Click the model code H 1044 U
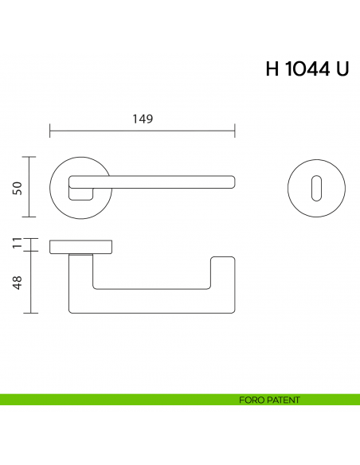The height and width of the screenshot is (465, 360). pyautogui.click(x=307, y=69)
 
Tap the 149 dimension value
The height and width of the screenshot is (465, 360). pyautogui.click(x=142, y=119)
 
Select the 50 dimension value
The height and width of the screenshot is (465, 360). pyautogui.click(x=16, y=187)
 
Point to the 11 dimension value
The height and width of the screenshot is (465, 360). pyautogui.click(x=16, y=244)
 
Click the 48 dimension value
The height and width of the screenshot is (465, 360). pyautogui.click(x=16, y=282)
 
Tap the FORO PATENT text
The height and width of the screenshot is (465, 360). pyautogui.click(x=269, y=400)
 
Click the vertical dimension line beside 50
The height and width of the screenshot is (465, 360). pyautogui.click(x=30, y=187)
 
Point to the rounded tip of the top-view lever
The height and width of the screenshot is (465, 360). pyautogui.click(x=232, y=182)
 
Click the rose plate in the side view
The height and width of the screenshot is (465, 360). pyautogui.click(x=81, y=246)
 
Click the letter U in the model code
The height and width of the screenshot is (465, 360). pyautogui.click(x=341, y=69)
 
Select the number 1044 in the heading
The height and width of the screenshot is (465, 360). pyautogui.click(x=307, y=69)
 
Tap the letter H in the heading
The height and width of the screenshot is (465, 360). pyautogui.click(x=272, y=69)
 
